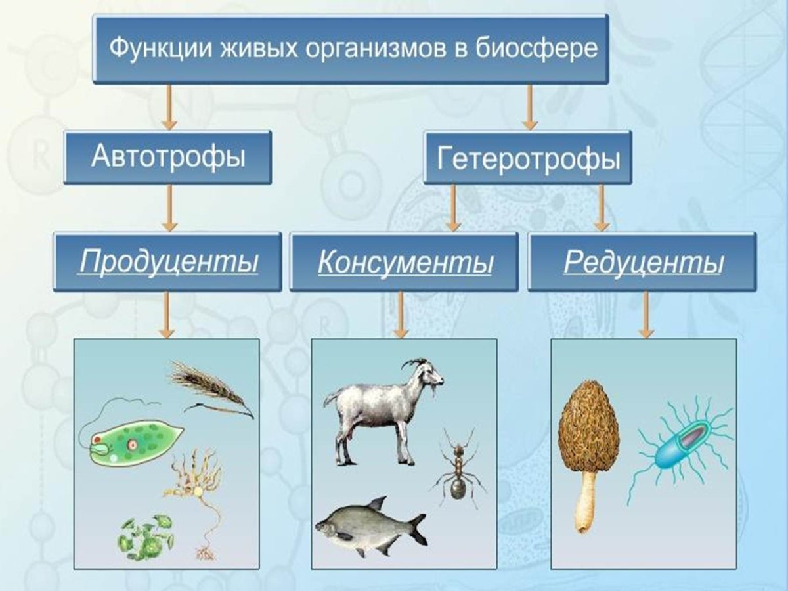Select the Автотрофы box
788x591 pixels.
pyautogui.click(x=167, y=158)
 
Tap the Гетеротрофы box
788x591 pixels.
pyautogui.click(x=528, y=158)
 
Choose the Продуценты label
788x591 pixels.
pyautogui.click(x=168, y=261)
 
